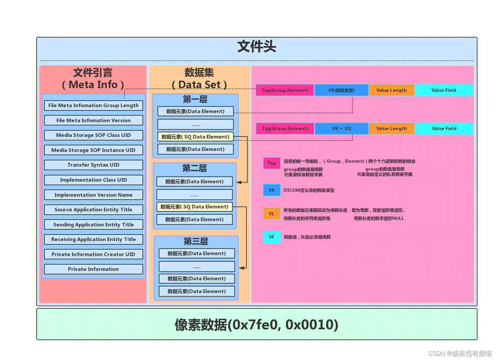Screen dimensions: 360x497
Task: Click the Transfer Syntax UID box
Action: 93,165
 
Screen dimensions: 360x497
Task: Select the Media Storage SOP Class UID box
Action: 93,135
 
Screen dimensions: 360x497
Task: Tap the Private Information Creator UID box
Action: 93,254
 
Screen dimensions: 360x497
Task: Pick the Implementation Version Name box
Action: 93,195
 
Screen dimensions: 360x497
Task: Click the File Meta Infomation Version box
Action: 93,120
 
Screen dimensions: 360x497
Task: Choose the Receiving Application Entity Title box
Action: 93,239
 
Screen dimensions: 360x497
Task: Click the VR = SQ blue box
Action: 342,129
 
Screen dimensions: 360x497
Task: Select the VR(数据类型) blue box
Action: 341,90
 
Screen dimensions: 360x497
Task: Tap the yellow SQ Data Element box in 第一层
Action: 195,137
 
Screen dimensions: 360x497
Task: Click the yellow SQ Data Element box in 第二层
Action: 194,207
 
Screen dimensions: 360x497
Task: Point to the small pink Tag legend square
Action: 272,163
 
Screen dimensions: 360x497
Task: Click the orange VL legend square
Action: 272,214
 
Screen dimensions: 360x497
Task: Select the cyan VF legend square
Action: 272,237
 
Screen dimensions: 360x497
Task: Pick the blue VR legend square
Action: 272,190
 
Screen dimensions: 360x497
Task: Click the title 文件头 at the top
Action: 257,47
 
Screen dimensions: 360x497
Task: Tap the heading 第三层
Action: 196,241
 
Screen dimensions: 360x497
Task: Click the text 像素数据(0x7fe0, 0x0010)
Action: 257,325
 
